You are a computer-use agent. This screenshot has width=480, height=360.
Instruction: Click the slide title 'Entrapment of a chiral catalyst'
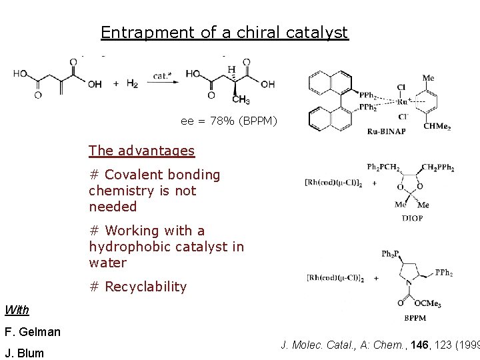(x=224, y=32)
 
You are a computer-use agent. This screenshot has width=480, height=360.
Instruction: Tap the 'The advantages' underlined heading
(x=141, y=151)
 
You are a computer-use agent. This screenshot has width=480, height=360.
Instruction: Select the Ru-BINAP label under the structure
(x=386, y=131)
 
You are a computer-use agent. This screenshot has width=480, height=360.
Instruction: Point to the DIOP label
(x=412, y=218)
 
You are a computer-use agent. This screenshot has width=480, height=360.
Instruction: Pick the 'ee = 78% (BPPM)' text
(x=229, y=121)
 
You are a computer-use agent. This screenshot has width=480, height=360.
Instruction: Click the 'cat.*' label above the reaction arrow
(x=163, y=75)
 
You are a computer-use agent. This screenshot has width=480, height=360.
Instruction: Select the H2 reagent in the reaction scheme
(x=132, y=83)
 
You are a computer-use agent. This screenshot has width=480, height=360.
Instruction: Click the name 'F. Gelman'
(x=32, y=331)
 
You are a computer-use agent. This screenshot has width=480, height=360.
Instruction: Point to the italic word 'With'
(x=17, y=310)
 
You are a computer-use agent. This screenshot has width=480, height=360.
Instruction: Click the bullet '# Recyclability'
(x=137, y=287)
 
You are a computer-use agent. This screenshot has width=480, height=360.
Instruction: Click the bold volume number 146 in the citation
(x=419, y=345)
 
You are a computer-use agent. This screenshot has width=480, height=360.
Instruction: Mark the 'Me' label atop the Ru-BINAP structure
(x=428, y=78)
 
